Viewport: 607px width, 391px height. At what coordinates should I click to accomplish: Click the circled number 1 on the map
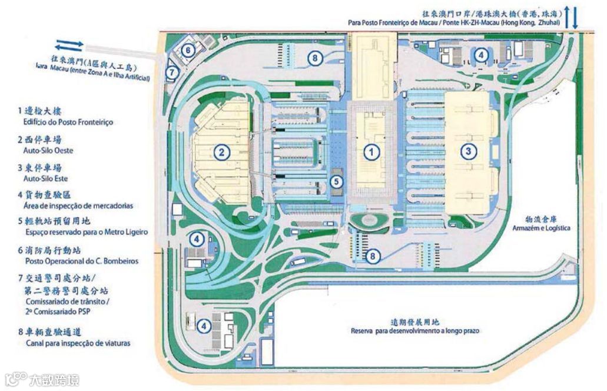click(371, 152)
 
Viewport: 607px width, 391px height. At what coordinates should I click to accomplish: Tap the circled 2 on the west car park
click(221, 153)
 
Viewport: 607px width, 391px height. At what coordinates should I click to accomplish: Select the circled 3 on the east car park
click(468, 151)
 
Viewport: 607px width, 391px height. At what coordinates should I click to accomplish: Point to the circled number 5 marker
click(336, 182)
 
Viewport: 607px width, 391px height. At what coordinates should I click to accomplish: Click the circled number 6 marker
click(188, 50)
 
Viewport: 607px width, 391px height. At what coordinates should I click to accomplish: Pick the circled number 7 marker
click(171, 72)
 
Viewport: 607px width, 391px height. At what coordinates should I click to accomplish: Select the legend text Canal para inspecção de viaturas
click(74, 343)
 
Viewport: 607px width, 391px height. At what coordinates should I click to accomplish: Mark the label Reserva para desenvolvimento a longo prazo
click(414, 331)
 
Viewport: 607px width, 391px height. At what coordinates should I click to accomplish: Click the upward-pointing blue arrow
click(566, 16)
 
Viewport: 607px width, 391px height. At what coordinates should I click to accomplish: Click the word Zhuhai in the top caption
click(546, 22)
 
